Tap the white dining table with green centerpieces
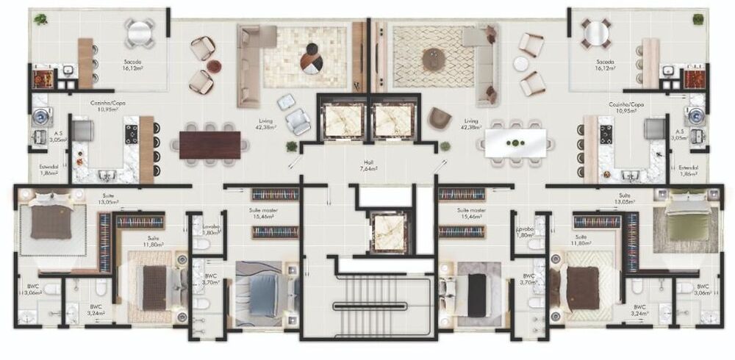516,143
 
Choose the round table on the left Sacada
140,33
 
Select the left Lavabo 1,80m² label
211,231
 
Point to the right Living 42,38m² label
470,123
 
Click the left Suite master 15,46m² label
263,213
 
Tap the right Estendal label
688,170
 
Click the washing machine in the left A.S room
39,117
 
